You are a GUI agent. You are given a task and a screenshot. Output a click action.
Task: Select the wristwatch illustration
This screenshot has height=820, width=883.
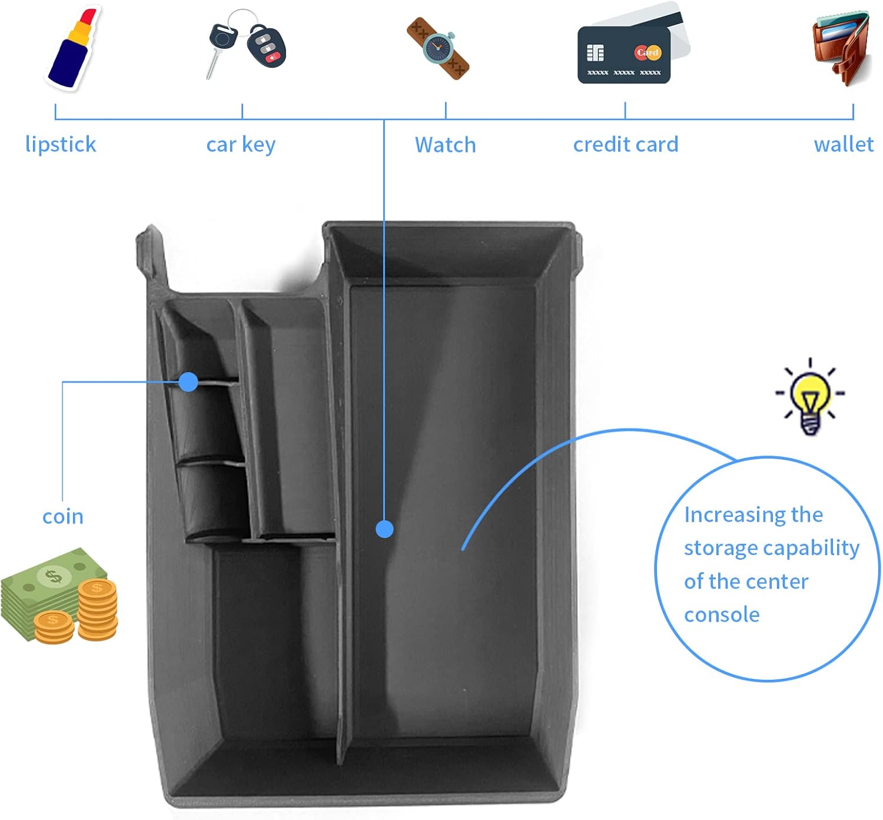pyautogui.click(x=439, y=48)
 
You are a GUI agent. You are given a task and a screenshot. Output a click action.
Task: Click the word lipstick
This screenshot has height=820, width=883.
pyautogui.click(x=61, y=144)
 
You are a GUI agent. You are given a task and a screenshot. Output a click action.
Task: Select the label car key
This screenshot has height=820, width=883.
pyautogui.click(x=241, y=145)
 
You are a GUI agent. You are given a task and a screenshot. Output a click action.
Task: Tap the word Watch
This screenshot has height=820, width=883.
pyautogui.click(x=445, y=145)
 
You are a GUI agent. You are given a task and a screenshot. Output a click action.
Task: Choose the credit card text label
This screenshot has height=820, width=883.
pyautogui.click(x=626, y=144)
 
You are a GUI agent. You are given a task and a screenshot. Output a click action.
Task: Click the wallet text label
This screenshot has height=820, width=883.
pyautogui.click(x=843, y=144)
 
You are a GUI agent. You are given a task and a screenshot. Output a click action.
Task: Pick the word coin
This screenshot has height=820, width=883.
pyautogui.click(x=63, y=516)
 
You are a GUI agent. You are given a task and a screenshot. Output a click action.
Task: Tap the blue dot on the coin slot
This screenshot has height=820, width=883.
pyautogui.click(x=188, y=382)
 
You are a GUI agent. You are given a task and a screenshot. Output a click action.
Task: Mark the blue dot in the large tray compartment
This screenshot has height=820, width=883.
pyautogui.click(x=384, y=529)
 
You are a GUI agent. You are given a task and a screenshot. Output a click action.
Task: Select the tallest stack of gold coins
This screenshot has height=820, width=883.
pyautogui.click(x=98, y=609)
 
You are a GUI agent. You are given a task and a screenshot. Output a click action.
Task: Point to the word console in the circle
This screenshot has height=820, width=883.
pyautogui.click(x=722, y=615)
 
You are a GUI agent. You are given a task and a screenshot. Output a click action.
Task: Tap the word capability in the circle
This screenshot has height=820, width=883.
pyautogui.click(x=811, y=548)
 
